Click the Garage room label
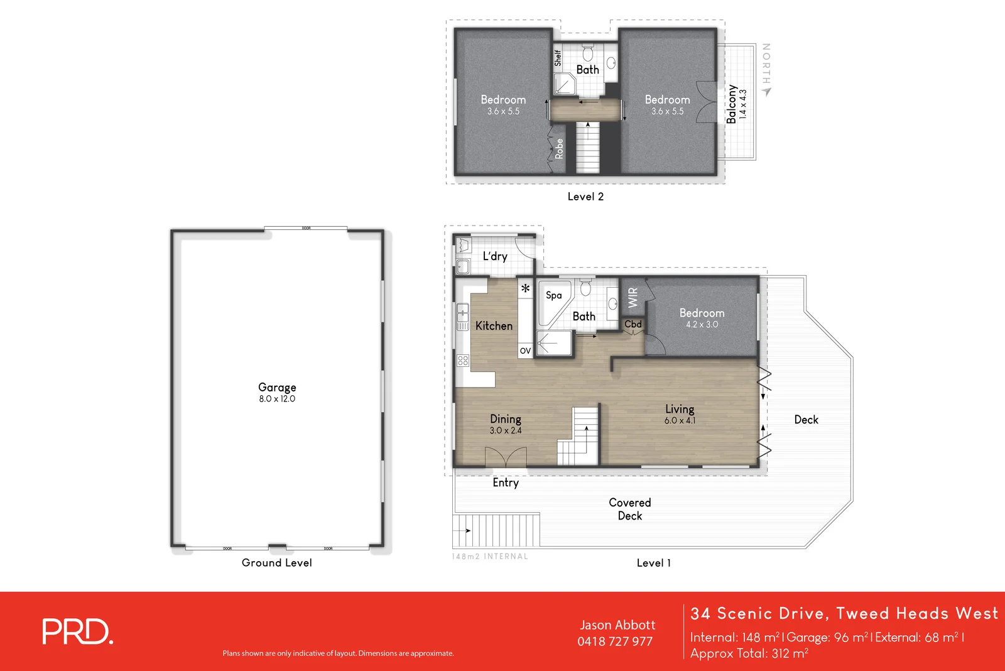click(277, 388)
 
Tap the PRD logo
click(78, 632)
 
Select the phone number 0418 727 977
click(615, 641)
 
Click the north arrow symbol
click(766, 92)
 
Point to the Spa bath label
click(553, 295)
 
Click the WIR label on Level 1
click(633, 297)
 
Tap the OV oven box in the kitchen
click(525, 351)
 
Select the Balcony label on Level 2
click(732, 104)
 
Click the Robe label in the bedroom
click(559, 149)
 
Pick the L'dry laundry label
click(495, 256)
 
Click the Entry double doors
click(506, 457)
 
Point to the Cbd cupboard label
click(633, 324)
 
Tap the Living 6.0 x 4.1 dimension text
click(680, 421)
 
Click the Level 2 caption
click(585, 197)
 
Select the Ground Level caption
click(276, 563)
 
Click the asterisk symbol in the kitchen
click(525, 289)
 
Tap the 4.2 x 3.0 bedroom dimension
click(702, 325)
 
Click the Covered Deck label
click(629, 509)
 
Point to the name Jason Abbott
click(617, 625)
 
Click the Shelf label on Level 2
click(558, 58)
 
